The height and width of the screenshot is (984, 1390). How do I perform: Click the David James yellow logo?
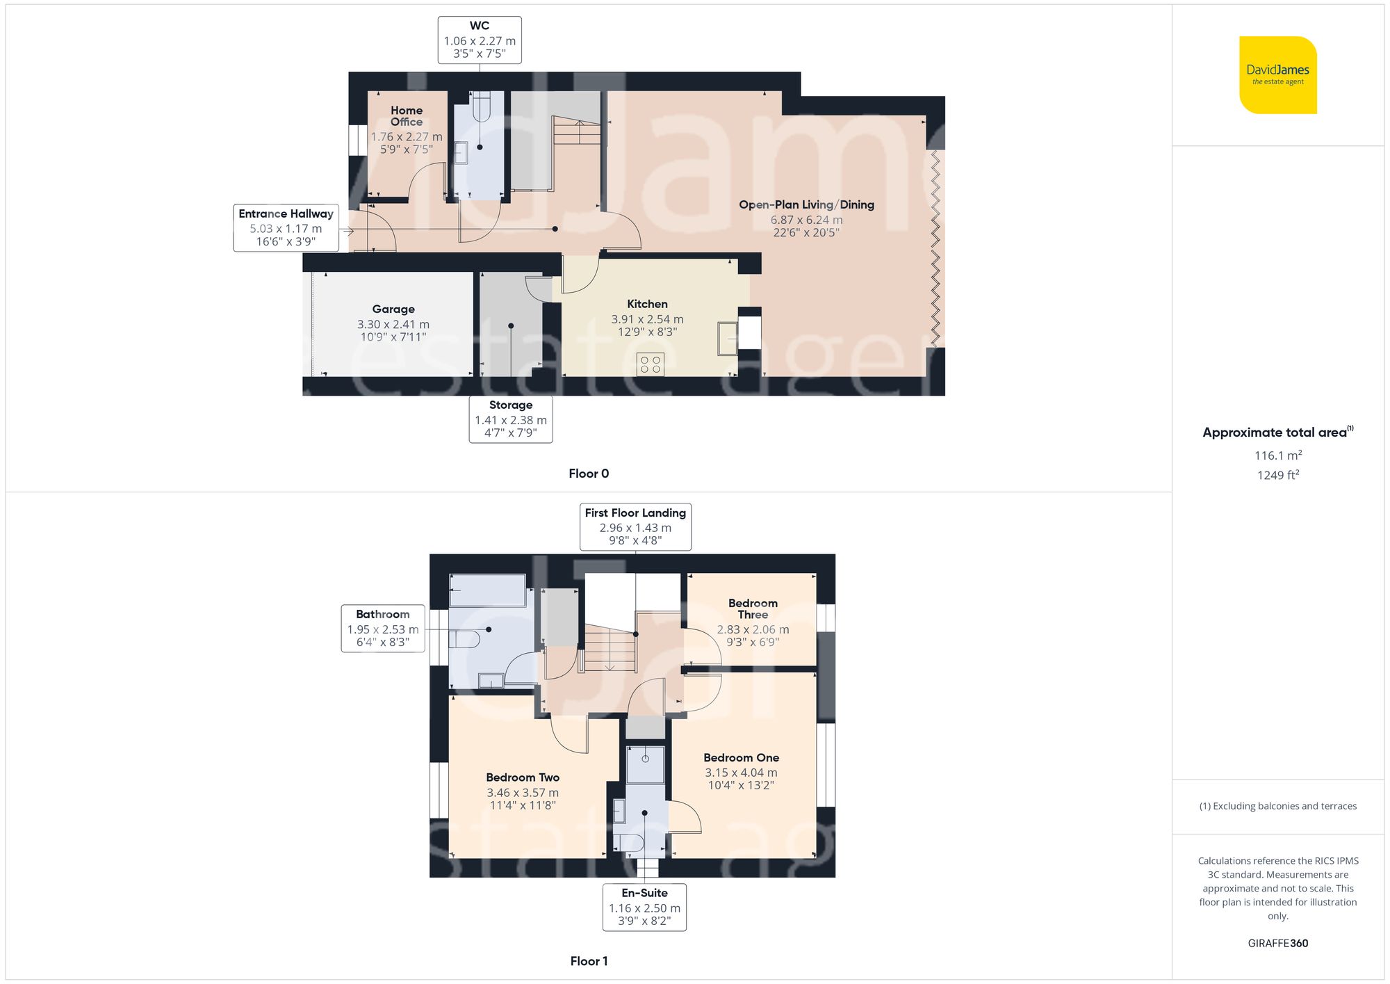point(1277,75)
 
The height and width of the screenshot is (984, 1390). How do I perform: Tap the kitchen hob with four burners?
point(650,364)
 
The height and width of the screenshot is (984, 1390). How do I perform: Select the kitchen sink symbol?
point(728,339)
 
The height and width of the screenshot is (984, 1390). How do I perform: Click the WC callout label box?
point(480,40)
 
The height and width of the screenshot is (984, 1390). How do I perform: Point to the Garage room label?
point(393,309)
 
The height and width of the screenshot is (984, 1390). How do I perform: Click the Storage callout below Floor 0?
point(511,419)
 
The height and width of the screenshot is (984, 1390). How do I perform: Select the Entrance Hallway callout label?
point(286,227)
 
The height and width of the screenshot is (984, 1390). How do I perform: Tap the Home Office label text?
point(407,116)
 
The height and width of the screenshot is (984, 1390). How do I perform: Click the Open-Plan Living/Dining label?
point(806,204)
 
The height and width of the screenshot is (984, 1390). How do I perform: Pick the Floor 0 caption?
point(589,474)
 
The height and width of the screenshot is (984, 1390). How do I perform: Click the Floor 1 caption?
point(589,961)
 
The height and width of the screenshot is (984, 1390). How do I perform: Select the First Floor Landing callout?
point(635,526)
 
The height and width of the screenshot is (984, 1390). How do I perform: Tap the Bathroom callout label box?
point(383,628)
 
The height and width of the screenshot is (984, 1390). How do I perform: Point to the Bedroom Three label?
point(753,608)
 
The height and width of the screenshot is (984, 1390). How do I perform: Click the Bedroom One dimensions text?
point(741,779)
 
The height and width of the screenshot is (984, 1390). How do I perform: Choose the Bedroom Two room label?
point(523,777)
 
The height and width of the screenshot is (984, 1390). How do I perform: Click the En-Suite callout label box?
point(644,907)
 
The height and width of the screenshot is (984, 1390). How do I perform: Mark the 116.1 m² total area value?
point(1277,455)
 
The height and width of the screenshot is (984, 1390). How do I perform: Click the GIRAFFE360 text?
point(1277,944)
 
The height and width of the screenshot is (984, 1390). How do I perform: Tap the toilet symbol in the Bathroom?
point(466,639)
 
